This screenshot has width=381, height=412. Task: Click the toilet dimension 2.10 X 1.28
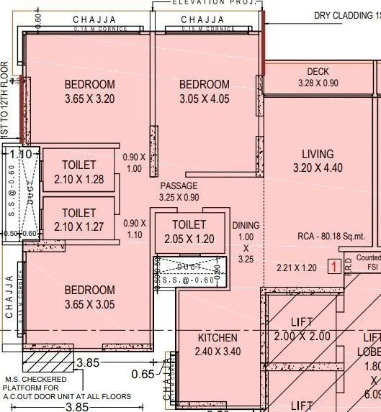(x=79, y=180)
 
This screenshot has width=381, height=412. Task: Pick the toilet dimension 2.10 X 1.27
(x=79, y=227)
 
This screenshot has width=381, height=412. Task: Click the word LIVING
(x=318, y=154)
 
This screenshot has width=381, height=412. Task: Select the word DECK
(x=318, y=72)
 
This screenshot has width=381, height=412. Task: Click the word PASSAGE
(x=179, y=186)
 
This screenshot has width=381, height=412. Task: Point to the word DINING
(x=246, y=225)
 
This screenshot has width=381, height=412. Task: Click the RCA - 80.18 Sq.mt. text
(x=331, y=236)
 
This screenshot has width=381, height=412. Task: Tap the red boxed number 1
(x=333, y=267)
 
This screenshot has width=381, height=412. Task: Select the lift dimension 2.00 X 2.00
(x=302, y=336)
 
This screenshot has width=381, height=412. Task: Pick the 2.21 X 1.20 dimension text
(x=297, y=267)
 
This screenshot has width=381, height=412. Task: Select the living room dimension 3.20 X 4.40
(x=318, y=168)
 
